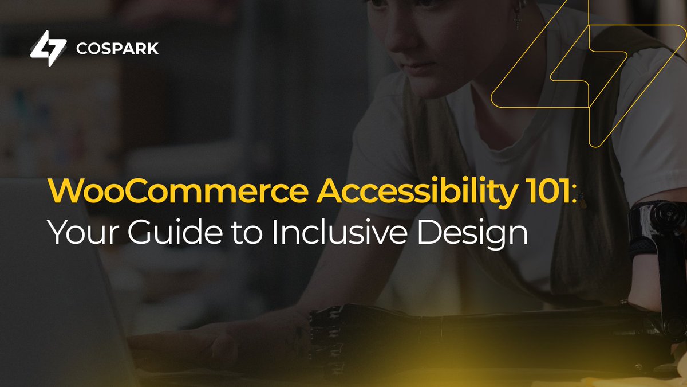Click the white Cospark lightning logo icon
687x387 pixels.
[49, 48]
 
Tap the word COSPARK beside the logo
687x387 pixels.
[117, 49]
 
